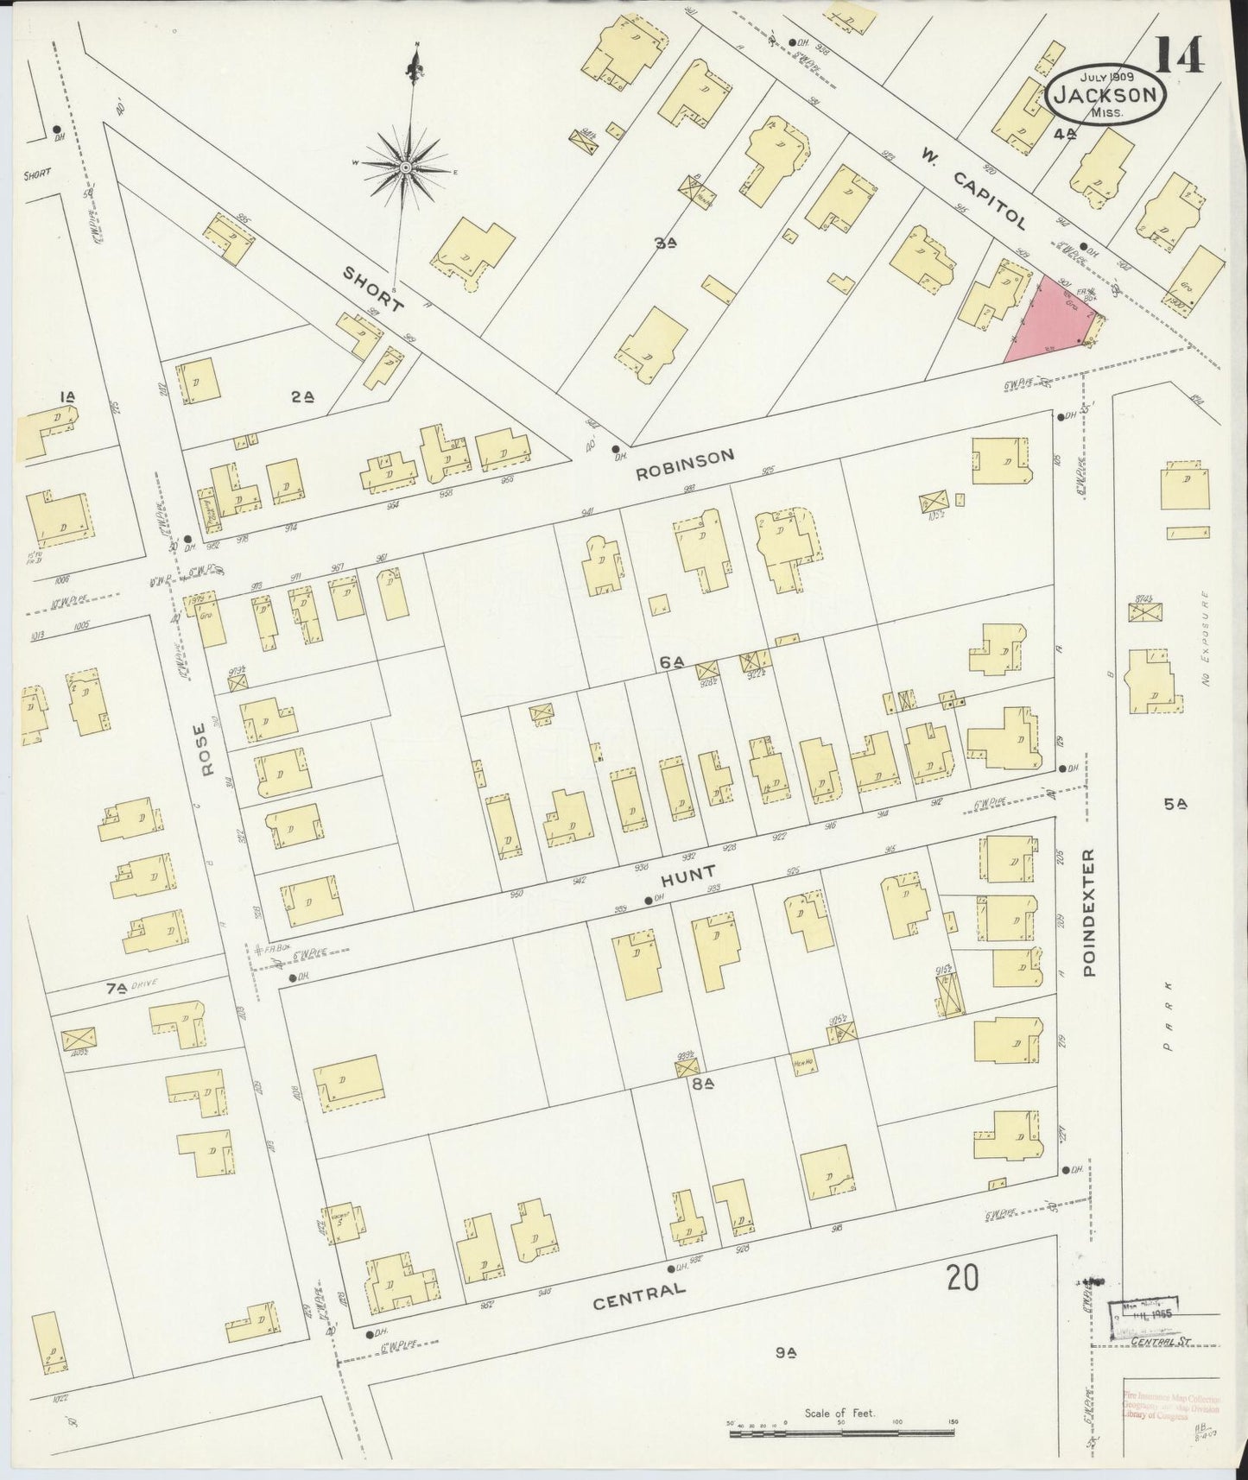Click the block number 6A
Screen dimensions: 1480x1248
click(671, 662)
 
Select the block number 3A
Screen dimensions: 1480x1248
click(663, 244)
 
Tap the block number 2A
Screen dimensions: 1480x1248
click(301, 396)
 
